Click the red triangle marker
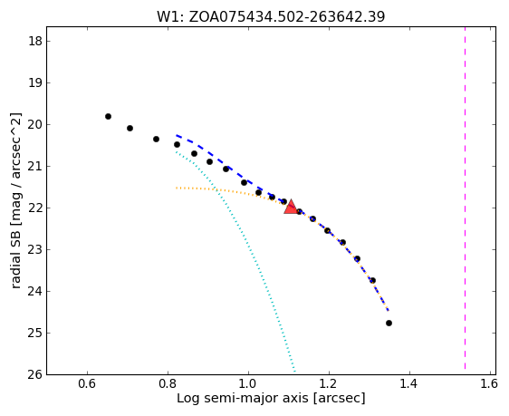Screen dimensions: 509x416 pyautogui.click(x=291, y=208)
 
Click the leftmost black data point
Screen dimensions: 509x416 pyautogui.click(x=108, y=116)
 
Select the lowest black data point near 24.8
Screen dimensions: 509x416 pyautogui.click(x=389, y=324)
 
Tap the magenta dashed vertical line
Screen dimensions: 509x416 pyautogui.click(x=465, y=198)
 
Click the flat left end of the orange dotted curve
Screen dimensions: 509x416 pyautogui.click(x=177, y=188)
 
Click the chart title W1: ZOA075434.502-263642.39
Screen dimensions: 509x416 pyautogui.click(x=271, y=16)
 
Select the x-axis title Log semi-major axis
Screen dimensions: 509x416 pyautogui.click(x=271, y=398)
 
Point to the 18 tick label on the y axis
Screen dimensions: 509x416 pyautogui.click(x=34, y=42)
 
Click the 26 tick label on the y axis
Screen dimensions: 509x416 pyautogui.click(x=34, y=374)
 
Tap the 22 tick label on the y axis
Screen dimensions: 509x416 pyautogui.click(x=34, y=208)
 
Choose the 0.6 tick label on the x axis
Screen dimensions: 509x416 pyautogui.click(x=87, y=384)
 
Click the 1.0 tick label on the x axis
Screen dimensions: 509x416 pyautogui.click(x=248, y=384)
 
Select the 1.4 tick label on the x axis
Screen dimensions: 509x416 pyautogui.click(x=409, y=384)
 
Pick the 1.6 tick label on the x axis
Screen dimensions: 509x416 pyautogui.click(x=488, y=384)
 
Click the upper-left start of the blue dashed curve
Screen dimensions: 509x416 pyautogui.click(x=177, y=135)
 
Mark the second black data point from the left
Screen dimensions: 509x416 pyautogui.click(x=130, y=129)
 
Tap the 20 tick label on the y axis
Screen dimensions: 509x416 pyautogui.click(x=34, y=125)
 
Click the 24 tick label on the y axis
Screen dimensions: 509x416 pyautogui.click(x=34, y=291)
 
